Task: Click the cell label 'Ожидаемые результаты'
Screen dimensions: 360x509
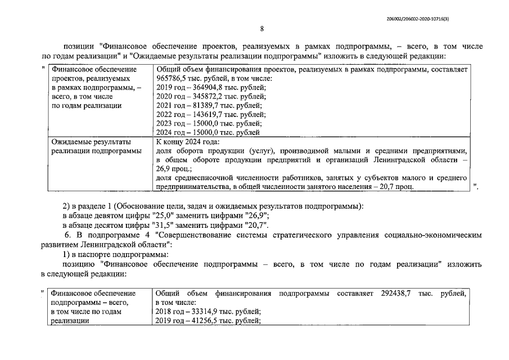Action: pyautogui.click(x=91, y=142)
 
